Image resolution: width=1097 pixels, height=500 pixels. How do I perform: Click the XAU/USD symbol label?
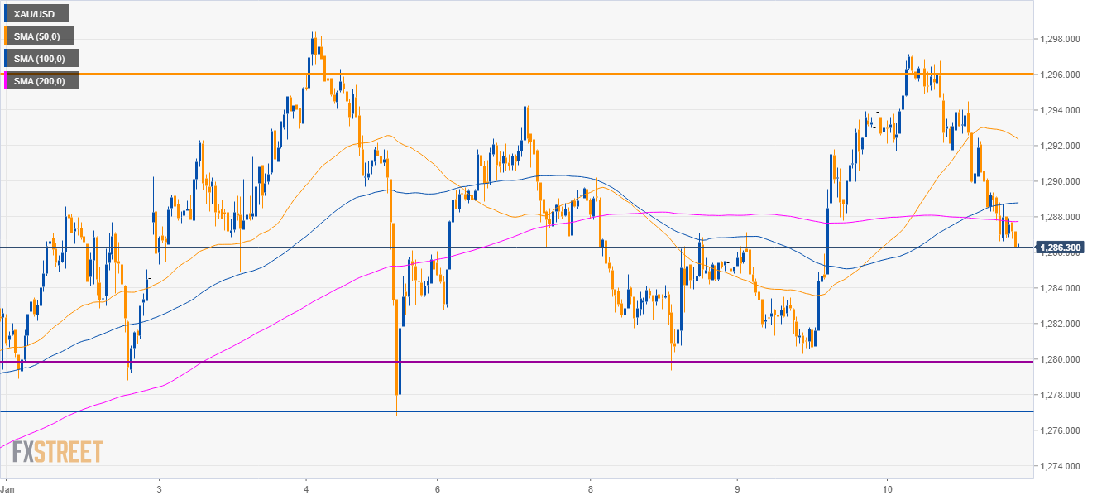36,13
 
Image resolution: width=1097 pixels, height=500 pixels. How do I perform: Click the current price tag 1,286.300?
1062,248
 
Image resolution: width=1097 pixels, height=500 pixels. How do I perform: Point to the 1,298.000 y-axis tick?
1062,39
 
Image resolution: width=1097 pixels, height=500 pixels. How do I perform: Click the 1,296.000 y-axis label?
1062,75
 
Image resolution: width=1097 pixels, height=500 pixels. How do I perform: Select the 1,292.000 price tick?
1062,146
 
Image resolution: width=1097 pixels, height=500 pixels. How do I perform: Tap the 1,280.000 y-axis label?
1062,359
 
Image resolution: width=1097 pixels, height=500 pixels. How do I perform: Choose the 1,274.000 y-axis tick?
1062,466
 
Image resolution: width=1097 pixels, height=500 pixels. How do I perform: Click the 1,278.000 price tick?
1062,395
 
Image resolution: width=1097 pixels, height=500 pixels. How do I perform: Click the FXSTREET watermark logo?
57,452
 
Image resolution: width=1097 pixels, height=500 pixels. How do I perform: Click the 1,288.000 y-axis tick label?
1062,217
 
